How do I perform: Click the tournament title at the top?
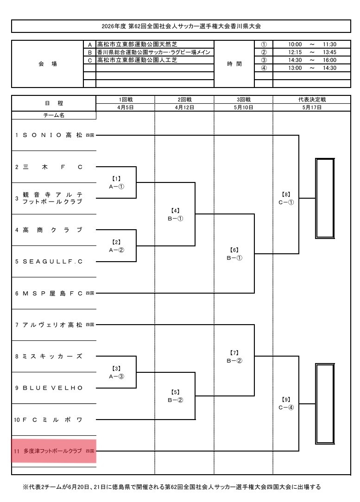click(x=181, y=26)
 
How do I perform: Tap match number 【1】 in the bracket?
click(x=116, y=178)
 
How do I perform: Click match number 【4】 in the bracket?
click(x=175, y=210)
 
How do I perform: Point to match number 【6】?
click(x=234, y=250)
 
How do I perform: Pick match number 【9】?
click(x=286, y=399)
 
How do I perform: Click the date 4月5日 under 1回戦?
click(x=125, y=107)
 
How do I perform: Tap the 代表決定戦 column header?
click(x=311, y=99)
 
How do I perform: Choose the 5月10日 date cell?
click(x=243, y=107)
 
